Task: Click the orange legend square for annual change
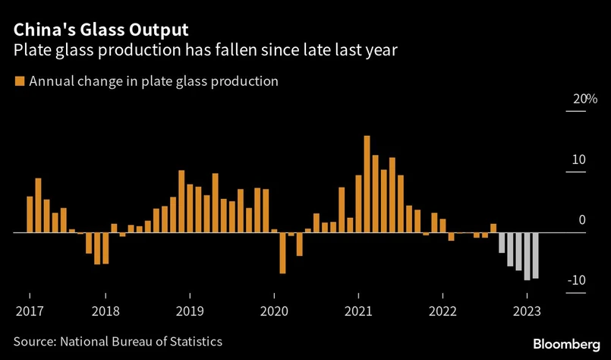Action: pos(19,81)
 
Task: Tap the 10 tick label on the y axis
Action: pos(578,160)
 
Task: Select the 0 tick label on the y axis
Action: pos(581,220)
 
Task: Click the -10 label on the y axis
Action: pos(576,281)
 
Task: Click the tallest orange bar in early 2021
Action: pos(367,184)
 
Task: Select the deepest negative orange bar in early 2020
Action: pos(282,252)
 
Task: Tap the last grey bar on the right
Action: pos(535,255)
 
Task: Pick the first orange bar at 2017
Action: pos(30,214)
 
